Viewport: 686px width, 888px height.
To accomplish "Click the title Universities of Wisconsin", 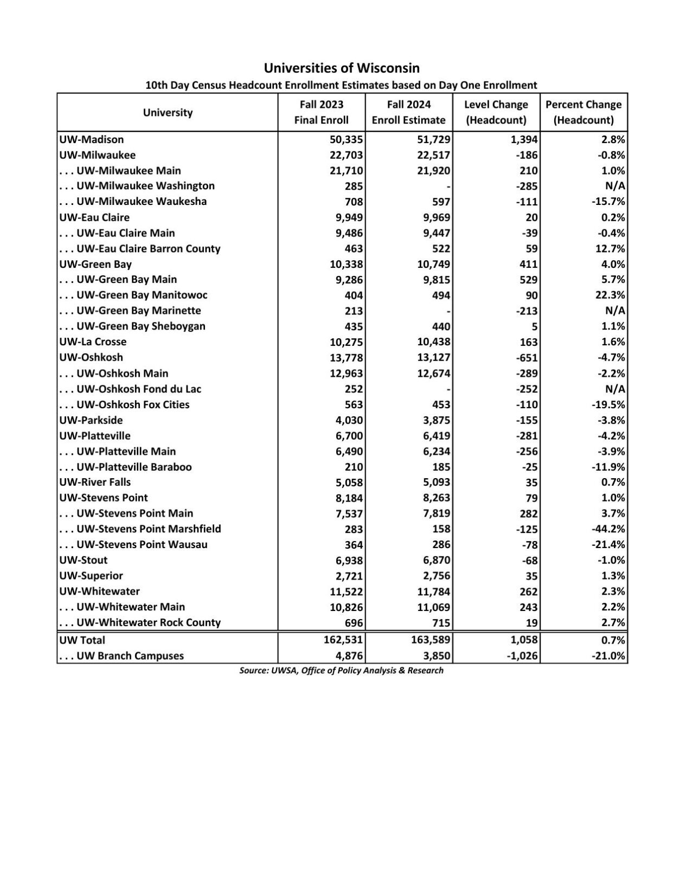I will tap(342, 68).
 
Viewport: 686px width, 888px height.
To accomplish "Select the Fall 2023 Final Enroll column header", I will tap(321, 112).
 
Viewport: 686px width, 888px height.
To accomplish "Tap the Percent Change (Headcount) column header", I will tap(583, 112).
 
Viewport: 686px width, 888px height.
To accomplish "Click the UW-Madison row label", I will tap(92, 139).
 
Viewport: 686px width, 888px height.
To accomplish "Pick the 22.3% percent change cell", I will tap(610, 295).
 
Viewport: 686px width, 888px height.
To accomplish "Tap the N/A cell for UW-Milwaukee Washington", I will tap(616, 186).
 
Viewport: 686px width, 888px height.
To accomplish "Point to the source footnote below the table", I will tap(342, 671).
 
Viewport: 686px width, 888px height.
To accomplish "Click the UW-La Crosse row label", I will tap(93, 342).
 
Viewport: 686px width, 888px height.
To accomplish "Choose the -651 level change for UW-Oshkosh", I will tap(527, 358).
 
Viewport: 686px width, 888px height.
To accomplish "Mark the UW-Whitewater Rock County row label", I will tap(140, 622).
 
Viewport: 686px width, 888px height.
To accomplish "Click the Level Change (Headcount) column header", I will tap(496, 112).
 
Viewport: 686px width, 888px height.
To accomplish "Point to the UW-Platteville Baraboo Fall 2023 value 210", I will tap(353, 467).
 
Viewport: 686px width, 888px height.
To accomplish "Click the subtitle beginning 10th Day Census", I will tap(342, 85).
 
